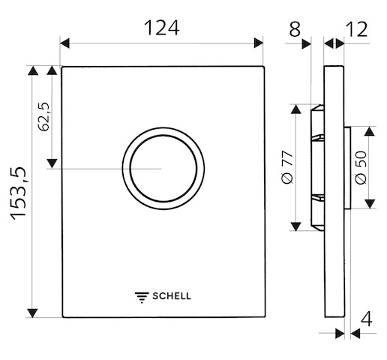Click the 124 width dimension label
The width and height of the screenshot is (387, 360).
coord(161,28)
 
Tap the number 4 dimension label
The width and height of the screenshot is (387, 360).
coord(367,319)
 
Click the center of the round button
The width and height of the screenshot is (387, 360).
coord(163,168)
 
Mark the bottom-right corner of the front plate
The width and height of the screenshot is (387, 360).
coord(264,317)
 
